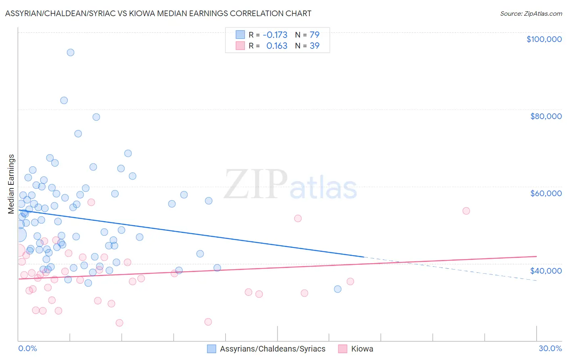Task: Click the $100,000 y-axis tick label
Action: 544,39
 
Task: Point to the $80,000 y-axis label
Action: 546,116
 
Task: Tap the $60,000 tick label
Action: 546,193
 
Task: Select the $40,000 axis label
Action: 546,270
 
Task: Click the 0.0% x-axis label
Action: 27,348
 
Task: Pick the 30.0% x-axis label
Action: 550,348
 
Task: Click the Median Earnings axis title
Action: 11,184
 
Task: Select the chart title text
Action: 158,13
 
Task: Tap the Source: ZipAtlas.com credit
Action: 531,13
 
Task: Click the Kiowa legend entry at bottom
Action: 362,349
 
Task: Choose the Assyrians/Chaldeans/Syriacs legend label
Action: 272,349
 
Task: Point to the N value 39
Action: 315,46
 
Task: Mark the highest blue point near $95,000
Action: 71,52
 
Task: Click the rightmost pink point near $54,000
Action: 466,211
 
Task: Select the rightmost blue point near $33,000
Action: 338,289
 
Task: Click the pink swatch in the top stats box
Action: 240,46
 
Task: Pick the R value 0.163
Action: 277,46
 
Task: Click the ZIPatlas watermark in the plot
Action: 290,185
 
